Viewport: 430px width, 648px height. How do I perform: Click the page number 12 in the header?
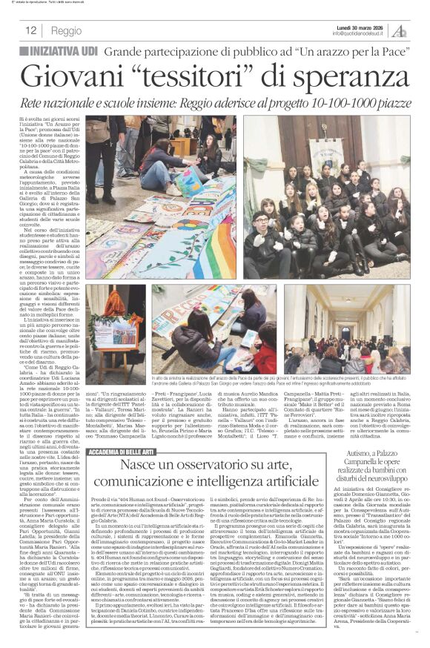(x=31, y=30)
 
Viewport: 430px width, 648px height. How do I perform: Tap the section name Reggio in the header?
(x=67, y=30)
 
